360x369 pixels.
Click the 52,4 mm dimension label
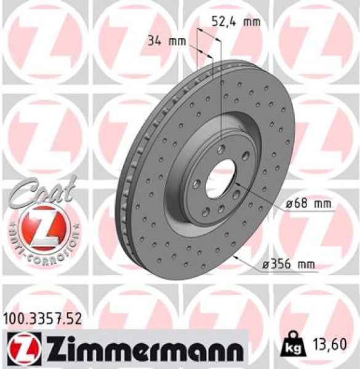coord(236,22)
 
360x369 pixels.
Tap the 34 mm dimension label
coord(167,42)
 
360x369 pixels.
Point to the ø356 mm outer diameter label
coord(288,265)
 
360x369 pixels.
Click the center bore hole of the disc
coord(220,175)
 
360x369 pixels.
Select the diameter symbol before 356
coord(265,265)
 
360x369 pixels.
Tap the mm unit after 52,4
coord(251,22)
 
